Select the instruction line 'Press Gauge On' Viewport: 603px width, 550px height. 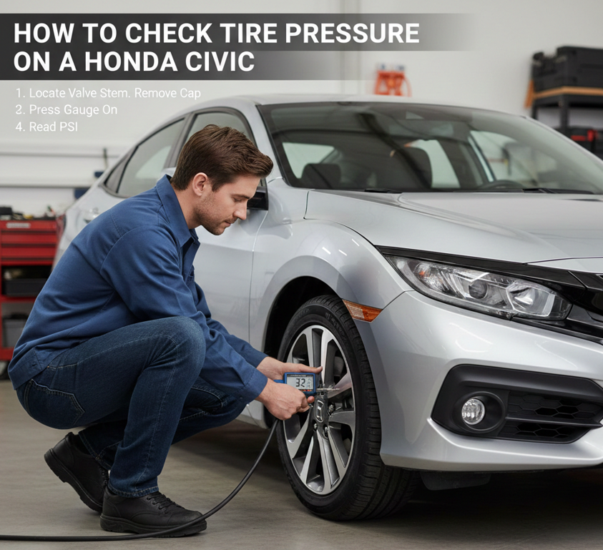73,109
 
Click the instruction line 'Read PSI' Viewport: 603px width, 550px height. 54,127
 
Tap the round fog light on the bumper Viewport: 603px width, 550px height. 473,411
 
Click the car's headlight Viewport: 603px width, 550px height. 481,286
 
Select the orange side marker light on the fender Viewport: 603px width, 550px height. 361,311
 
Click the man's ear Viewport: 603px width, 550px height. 200,184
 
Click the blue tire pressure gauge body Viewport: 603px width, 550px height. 299,383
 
